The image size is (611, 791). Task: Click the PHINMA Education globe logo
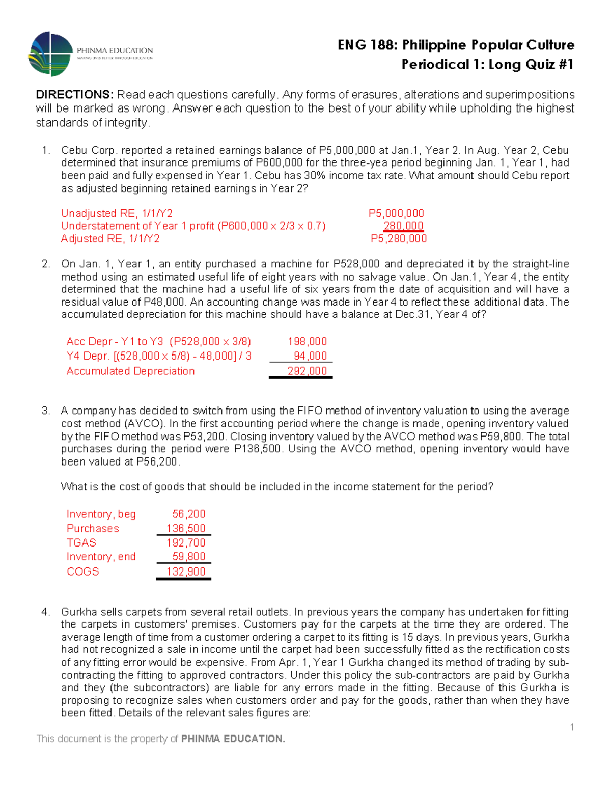pyautogui.click(x=50, y=54)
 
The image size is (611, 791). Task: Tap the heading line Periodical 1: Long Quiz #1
pyautogui.click(x=487, y=65)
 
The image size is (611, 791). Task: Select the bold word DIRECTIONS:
pyautogui.click(x=74, y=95)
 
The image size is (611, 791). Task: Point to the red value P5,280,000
pyautogui.click(x=398, y=239)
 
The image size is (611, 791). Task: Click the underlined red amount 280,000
pyautogui.click(x=403, y=226)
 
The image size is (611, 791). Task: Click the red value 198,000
pyautogui.click(x=307, y=342)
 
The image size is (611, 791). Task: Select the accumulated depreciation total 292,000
pyautogui.click(x=307, y=371)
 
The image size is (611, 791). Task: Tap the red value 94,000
pyautogui.click(x=310, y=356)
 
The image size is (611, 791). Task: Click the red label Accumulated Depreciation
pyautogui.click(x=130, y=371)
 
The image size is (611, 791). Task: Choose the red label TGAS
pyautogui.click(x=81, y=543)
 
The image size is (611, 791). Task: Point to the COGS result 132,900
pyautogui.click(x=186, y=571)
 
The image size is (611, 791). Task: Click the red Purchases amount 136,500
pyautogui.click(x=186, y=529)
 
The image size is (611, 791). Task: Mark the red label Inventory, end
pyautogui.click(x=101, y=557)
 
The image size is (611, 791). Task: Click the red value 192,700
pyautogui.click(x=186, y=543)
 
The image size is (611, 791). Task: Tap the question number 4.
pyautogui.click(x=45, y=612)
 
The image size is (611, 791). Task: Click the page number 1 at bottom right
pyautogui.click(x=572, y=727)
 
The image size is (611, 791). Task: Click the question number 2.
pyautogui.click(x=45, y=264)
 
